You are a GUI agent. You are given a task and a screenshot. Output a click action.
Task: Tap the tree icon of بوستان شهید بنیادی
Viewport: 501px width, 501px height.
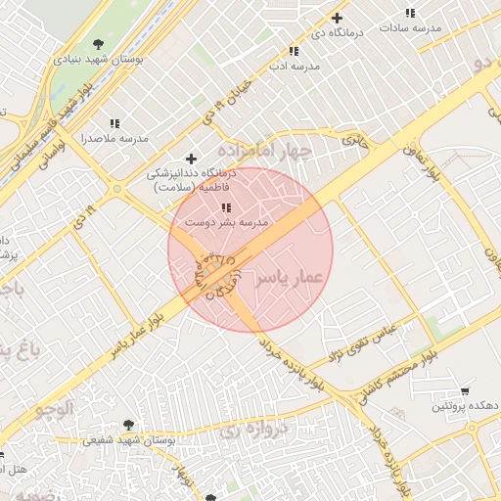coord(98,43)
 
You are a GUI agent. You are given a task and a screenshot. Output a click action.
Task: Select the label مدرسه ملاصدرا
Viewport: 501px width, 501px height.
coord(114,139)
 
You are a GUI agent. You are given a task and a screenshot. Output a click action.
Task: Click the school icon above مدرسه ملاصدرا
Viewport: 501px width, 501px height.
coord(114,123)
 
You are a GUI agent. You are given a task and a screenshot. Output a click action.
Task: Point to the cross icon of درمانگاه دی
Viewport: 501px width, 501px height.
coord(338,18)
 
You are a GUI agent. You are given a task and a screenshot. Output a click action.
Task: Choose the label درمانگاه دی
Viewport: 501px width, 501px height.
coord(338,33)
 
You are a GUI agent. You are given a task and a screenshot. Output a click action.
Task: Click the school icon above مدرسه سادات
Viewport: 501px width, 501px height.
coord(409,14)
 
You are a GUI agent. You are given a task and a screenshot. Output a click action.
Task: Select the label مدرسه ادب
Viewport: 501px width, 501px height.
coord(293,67)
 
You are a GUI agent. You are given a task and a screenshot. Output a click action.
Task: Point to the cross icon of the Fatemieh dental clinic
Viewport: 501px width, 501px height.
coord(191,159)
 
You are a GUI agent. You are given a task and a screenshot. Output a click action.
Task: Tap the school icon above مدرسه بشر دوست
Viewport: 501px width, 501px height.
coord(226,207)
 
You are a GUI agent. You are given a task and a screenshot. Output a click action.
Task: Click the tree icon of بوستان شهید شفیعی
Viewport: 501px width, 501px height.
coord(128,425)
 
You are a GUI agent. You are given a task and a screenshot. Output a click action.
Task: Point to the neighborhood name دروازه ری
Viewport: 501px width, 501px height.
coord(253,428)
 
